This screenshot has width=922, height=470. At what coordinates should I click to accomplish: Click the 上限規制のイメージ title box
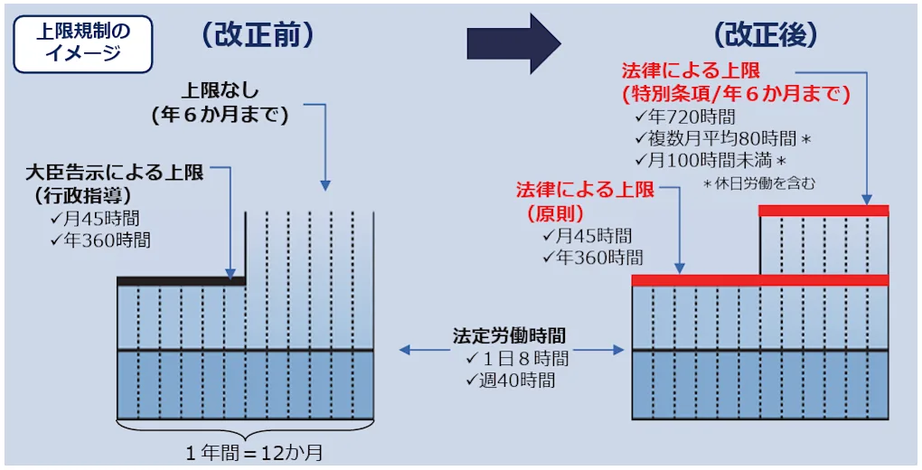82,42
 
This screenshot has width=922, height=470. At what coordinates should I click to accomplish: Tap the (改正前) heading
258,35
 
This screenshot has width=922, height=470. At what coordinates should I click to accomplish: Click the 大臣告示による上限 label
115,173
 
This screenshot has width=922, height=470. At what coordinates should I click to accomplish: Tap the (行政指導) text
82,194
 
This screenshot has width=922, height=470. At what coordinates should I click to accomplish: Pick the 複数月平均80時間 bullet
720,139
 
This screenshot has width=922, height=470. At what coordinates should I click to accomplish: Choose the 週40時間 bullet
511,380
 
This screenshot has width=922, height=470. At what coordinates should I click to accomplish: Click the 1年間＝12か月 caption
254,451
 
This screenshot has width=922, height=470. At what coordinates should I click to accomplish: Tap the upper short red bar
823,211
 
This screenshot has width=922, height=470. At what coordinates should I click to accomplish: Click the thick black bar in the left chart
181,281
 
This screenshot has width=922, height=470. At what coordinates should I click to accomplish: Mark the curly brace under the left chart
246,428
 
